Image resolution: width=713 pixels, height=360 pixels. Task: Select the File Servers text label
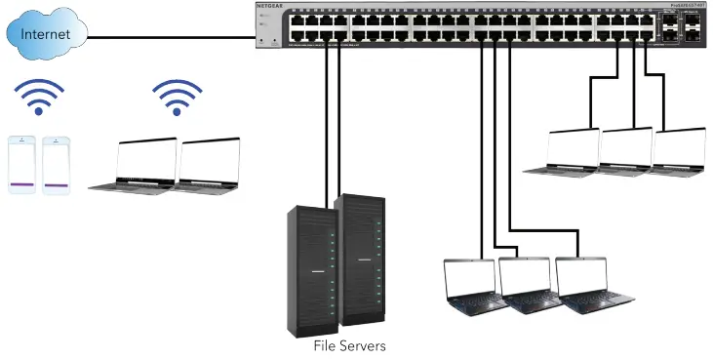(349, 345)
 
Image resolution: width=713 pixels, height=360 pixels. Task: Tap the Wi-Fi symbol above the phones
(38, 98)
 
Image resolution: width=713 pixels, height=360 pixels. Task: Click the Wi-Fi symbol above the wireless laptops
(177, 98)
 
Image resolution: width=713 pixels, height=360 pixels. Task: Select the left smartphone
(22, 165)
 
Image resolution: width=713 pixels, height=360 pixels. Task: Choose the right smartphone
(57, 165)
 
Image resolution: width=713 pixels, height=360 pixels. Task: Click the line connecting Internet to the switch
(171, 37)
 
